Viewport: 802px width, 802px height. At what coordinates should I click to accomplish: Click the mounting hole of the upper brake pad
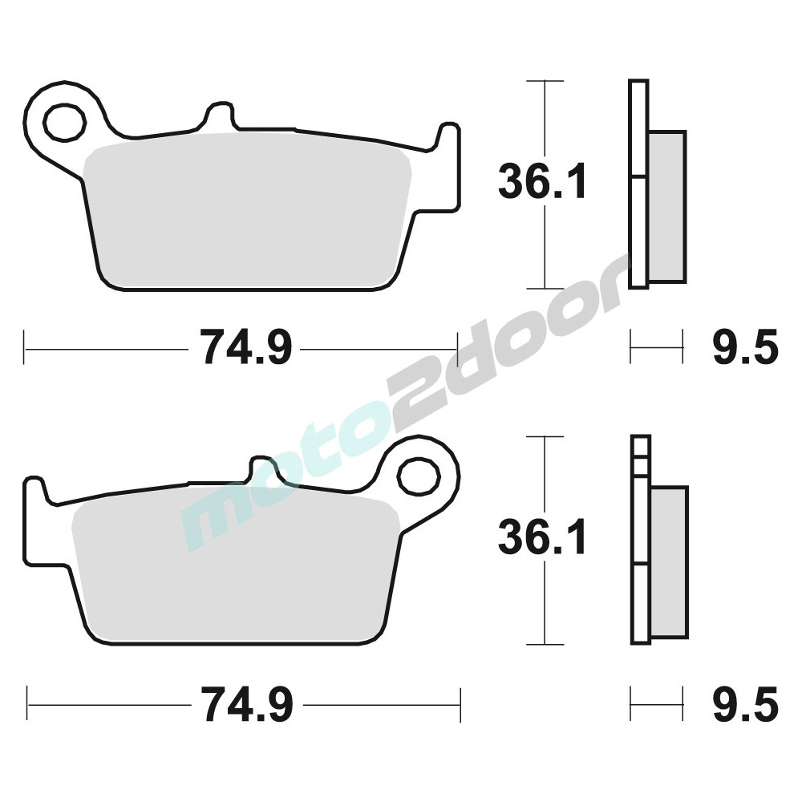coord(64,122)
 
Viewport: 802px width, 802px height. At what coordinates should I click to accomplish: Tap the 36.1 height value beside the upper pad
coord(541,181)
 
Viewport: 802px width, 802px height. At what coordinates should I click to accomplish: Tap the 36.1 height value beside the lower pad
coord(541,537)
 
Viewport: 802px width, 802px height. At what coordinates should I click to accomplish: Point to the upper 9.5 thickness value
coord(746,348)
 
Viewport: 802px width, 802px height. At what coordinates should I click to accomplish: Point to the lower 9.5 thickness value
coord(746,704)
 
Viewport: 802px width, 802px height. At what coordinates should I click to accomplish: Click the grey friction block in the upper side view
coord(667,207)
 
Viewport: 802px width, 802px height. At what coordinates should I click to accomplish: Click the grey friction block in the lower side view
coord(669,563)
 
